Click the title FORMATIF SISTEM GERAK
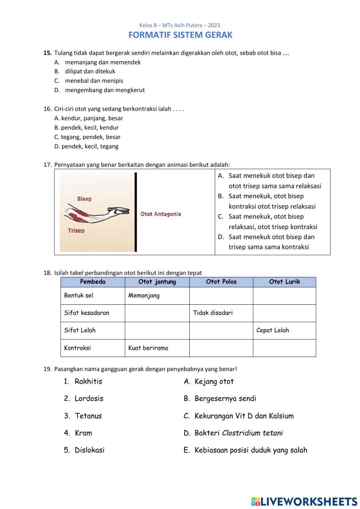[180, 35]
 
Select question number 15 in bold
[48, 53]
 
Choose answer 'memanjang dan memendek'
[103, 62]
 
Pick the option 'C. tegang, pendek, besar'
[87, 137]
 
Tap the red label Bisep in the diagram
[84, 199]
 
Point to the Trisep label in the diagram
[76, 231]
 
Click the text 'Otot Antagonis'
[161, 214]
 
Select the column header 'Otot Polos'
[221, 282]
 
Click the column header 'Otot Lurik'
[284, 282]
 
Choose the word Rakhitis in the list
[88, 381]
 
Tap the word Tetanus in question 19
[88, 416]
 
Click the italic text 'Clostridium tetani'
[252, 433]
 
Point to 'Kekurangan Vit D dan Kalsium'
[244, 416]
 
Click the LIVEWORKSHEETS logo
[304, 501]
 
